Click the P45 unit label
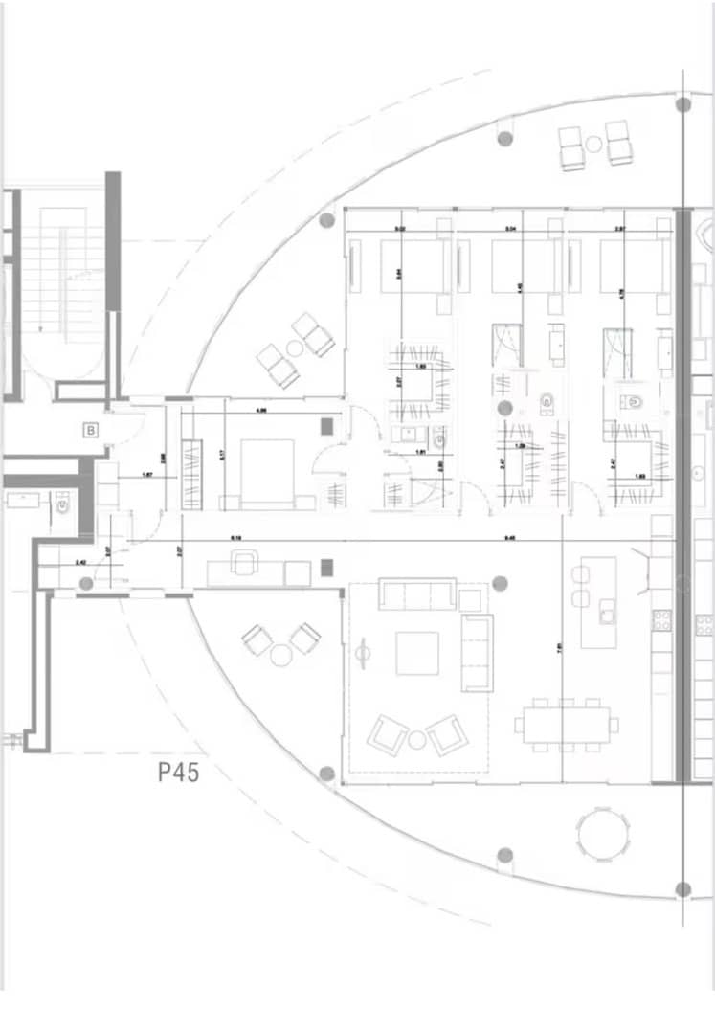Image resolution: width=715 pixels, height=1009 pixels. click(x=179, y=772)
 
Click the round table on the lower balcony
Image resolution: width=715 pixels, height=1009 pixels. click(x=604, y=834)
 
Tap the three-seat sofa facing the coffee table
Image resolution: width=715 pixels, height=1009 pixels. click(x=416, y=594)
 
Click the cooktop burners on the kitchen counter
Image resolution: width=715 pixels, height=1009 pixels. click(x=661, y=620)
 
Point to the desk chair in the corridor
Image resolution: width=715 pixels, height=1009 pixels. click(x=244, y=563)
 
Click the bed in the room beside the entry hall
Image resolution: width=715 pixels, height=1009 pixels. click(x=266, y=473)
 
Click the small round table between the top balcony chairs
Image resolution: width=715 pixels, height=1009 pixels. click(x=594, y=145)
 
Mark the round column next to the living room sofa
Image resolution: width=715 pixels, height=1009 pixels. click(x=499, y=582)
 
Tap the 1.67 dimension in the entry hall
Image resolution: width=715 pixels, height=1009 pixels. click(x=147, y=474)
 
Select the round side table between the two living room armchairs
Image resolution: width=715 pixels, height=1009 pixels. click(x=417, y=739)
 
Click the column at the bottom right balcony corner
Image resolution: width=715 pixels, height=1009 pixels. click(x=682, y=889)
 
